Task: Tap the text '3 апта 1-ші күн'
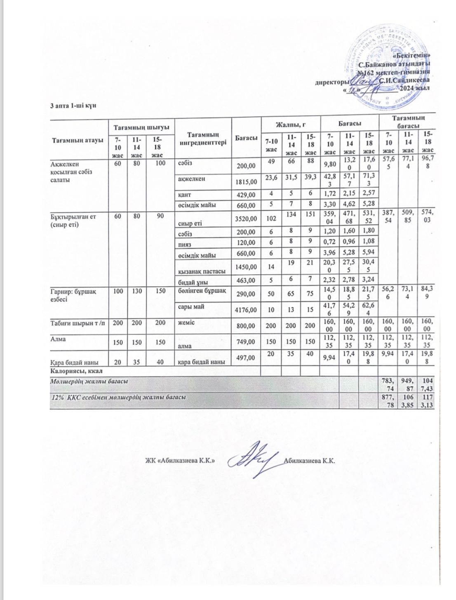(73, 106)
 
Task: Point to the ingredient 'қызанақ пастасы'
(202, 271)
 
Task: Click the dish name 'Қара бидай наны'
(74, 362)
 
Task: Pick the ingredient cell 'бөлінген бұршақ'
(202, 291)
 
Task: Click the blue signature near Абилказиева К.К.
(256, 458)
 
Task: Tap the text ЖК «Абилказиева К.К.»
(180, 461)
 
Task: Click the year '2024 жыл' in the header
(415, 88)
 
